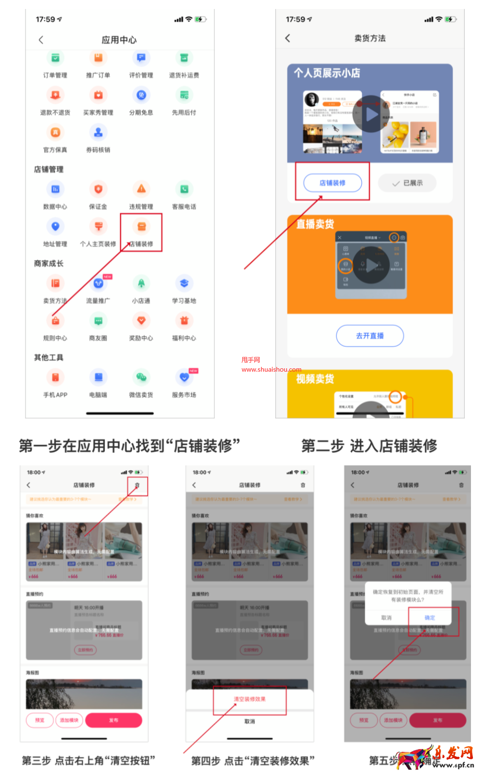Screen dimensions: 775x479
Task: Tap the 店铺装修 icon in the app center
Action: [141, 227]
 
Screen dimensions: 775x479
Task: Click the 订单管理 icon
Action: [55, 58]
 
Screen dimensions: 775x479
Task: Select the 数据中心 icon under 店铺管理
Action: [55, 189]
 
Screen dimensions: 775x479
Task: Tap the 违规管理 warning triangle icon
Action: [141, 189]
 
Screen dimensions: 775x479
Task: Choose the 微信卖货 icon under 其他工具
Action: [141, 377]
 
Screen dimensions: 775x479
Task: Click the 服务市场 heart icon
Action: [184, 377]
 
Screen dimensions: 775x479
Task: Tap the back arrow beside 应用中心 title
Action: [41, 40]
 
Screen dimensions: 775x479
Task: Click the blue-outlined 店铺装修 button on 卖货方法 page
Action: [332, 183]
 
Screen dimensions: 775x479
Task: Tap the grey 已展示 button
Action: [407, 183]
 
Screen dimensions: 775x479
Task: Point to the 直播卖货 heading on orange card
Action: [315, 224]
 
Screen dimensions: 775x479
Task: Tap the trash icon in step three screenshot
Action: [137, 485]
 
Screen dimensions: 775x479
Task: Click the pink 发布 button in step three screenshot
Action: [113, 720]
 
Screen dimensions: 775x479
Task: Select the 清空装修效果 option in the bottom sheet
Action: [250, 699]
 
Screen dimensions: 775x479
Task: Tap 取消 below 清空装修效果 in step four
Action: [250, 722]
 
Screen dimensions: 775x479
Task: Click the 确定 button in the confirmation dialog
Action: [430, 618]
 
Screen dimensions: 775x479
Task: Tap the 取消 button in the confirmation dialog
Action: [387, 618]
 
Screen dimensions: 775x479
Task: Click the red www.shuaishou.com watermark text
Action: [271, 370]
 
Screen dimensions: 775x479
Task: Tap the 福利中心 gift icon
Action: [184, 321]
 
